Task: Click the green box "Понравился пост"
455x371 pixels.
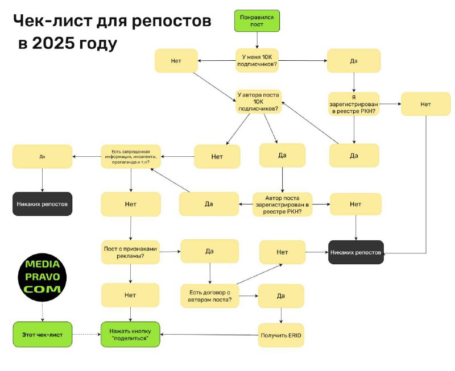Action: [x=257, y=21]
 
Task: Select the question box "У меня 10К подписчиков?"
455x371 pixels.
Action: [x=257, y=60]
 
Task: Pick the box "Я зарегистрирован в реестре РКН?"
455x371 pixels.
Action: [x=353, y=104]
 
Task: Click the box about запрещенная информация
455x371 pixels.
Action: [x=131, y=156]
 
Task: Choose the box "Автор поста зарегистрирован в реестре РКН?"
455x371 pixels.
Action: [x=282, y=204]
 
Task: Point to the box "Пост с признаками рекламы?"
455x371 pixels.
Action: [x=131, y=252]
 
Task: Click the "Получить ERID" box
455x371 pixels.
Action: [x=281, y=335]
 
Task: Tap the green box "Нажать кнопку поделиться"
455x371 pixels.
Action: [x=131, y=335]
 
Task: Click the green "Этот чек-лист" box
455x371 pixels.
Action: [x=43, y=334]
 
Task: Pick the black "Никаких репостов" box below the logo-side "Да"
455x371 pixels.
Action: [x=43, y=203]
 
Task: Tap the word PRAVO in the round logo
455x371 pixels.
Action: [x=43, y=277]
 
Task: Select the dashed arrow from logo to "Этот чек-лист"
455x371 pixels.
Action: [x=43, y=311]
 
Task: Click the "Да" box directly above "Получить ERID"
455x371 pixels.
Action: [x=281, y=295]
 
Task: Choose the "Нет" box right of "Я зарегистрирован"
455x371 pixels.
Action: [x=425, y=104]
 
